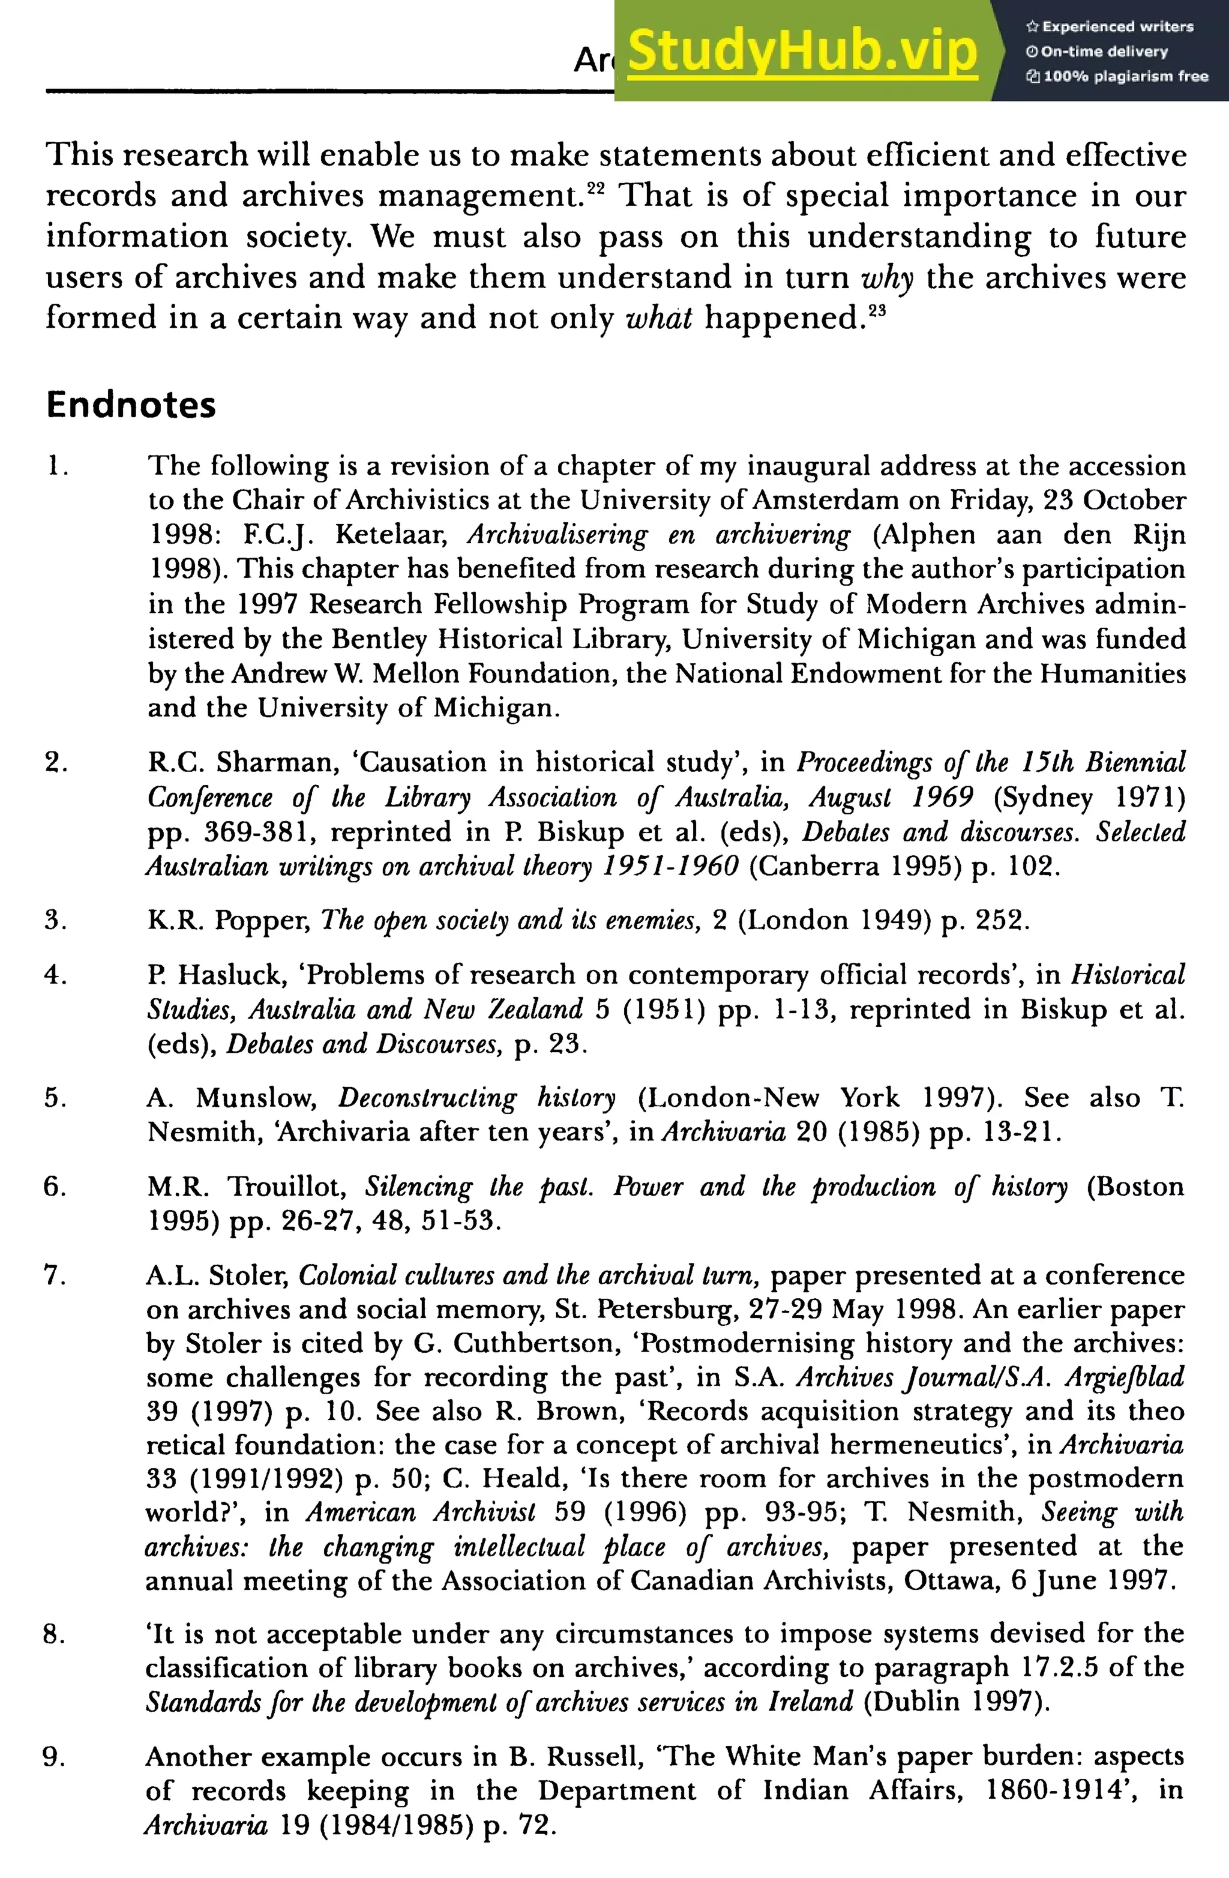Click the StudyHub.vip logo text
(802, 50)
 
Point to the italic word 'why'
(888, 278)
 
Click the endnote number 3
(55, 920)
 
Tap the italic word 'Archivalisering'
(557, 535)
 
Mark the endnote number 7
(55, 1275)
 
